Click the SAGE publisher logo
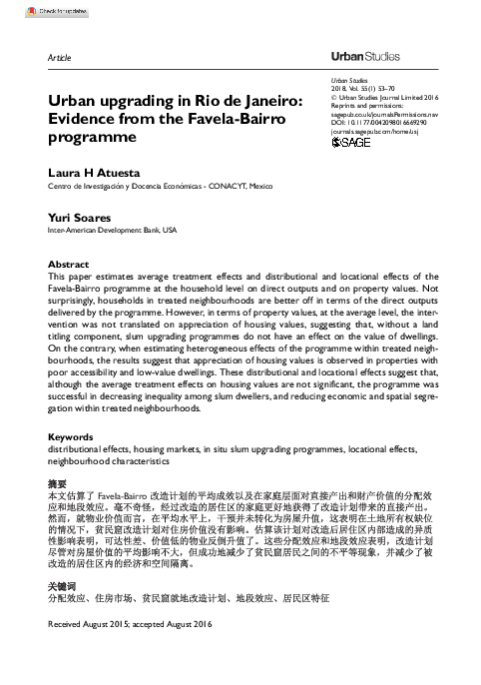click(x=351, y=142)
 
